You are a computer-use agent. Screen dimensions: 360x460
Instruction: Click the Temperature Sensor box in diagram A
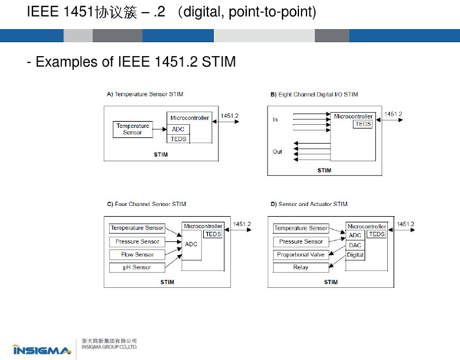(x=133, y=129)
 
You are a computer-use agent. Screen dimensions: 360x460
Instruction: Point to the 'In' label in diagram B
(x=275, y=120)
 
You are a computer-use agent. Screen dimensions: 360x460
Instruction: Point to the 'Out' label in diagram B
(x=277, y=152)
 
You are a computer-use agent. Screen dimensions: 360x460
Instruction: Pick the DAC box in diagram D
(x=355, y=245)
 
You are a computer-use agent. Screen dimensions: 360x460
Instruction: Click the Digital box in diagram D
(x=355, y=254)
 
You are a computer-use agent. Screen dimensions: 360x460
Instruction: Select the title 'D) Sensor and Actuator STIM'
(x=309, y=205)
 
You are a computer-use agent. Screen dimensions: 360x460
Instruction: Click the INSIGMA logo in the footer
(x=42, y=349)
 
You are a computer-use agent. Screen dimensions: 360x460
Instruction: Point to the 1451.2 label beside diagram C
(x=242, y=224)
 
